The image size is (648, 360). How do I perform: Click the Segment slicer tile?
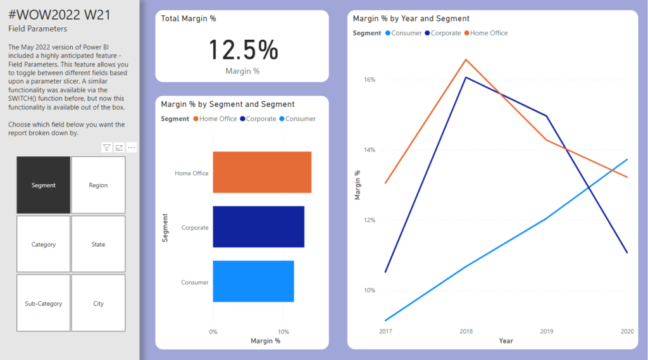click(43, 185)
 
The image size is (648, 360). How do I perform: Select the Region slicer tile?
click(98, 185)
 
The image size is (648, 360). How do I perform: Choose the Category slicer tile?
click(43, 244)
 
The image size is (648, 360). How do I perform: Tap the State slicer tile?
click(98, 244)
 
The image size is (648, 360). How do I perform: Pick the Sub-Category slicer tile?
click(43, 303)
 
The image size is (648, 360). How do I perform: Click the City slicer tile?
click(98, 303)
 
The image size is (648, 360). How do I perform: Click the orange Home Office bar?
click(262, 172)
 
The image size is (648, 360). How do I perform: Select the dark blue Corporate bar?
click(258, 227)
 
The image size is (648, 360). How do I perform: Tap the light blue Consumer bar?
click(253, 281)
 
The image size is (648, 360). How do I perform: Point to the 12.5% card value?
click(243, 50)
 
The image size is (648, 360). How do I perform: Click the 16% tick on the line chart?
click(370, 80)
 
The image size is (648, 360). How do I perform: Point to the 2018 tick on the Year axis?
click(466, 331)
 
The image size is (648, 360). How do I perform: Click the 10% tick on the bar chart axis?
click(283, 331)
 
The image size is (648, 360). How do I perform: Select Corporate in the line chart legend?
click(445, 33)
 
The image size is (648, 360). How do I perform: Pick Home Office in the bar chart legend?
click(218, 118)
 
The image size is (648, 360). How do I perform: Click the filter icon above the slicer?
click(106, 147)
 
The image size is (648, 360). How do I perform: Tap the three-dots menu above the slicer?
click(132, 147)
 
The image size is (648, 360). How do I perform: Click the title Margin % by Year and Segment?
click(411, 19)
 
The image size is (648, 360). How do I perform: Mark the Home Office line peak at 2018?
click(466, 59)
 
